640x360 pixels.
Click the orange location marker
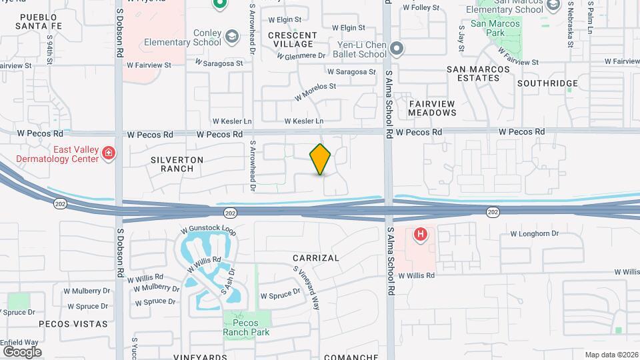(321, 159)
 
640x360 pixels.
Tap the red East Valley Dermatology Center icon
(109, 155)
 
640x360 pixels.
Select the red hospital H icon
(421, 234)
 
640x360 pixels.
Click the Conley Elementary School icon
(232, 36)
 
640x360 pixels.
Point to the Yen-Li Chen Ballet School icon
(397, 48)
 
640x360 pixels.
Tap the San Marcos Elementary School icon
(553, 6)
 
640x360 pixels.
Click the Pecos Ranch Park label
(247, 327)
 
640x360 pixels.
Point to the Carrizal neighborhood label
(316, 257)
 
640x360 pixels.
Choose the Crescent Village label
(292, 39)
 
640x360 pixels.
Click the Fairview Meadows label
(432, 108)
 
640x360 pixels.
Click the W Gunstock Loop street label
(212, 229)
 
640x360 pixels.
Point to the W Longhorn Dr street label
(533, 233)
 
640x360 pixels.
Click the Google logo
(21, 351)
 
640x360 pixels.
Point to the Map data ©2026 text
(611, 355)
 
